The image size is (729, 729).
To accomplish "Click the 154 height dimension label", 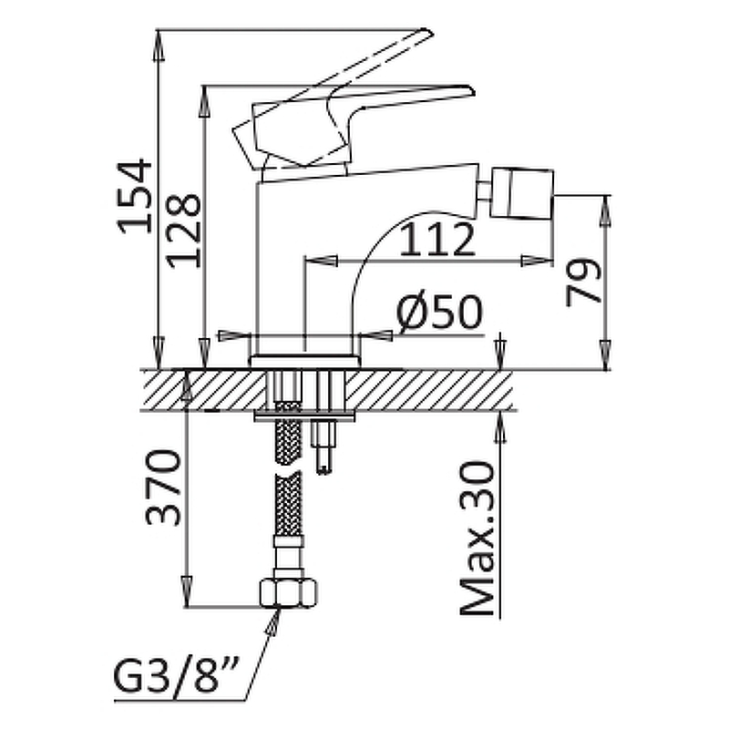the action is [135, 196].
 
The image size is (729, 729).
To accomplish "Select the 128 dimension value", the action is [184, 231].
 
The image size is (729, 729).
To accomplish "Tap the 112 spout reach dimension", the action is [437, 240].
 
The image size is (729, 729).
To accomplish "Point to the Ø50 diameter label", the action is [440, 312].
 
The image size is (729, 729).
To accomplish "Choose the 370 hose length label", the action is [163, 488].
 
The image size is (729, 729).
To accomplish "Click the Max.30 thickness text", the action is [477, 539].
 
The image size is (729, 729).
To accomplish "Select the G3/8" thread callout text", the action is [177, 676].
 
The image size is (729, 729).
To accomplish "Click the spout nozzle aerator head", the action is [522, 193].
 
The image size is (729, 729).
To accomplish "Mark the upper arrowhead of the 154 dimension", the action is [159, 46].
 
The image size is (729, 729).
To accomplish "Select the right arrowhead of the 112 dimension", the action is [537, 261].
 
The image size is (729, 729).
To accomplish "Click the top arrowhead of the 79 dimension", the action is [605, 211].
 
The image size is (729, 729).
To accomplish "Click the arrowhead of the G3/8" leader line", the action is [274, 621].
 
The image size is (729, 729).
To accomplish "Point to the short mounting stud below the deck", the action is [325, 447].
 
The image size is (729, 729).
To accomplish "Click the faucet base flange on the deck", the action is [305, 362].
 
